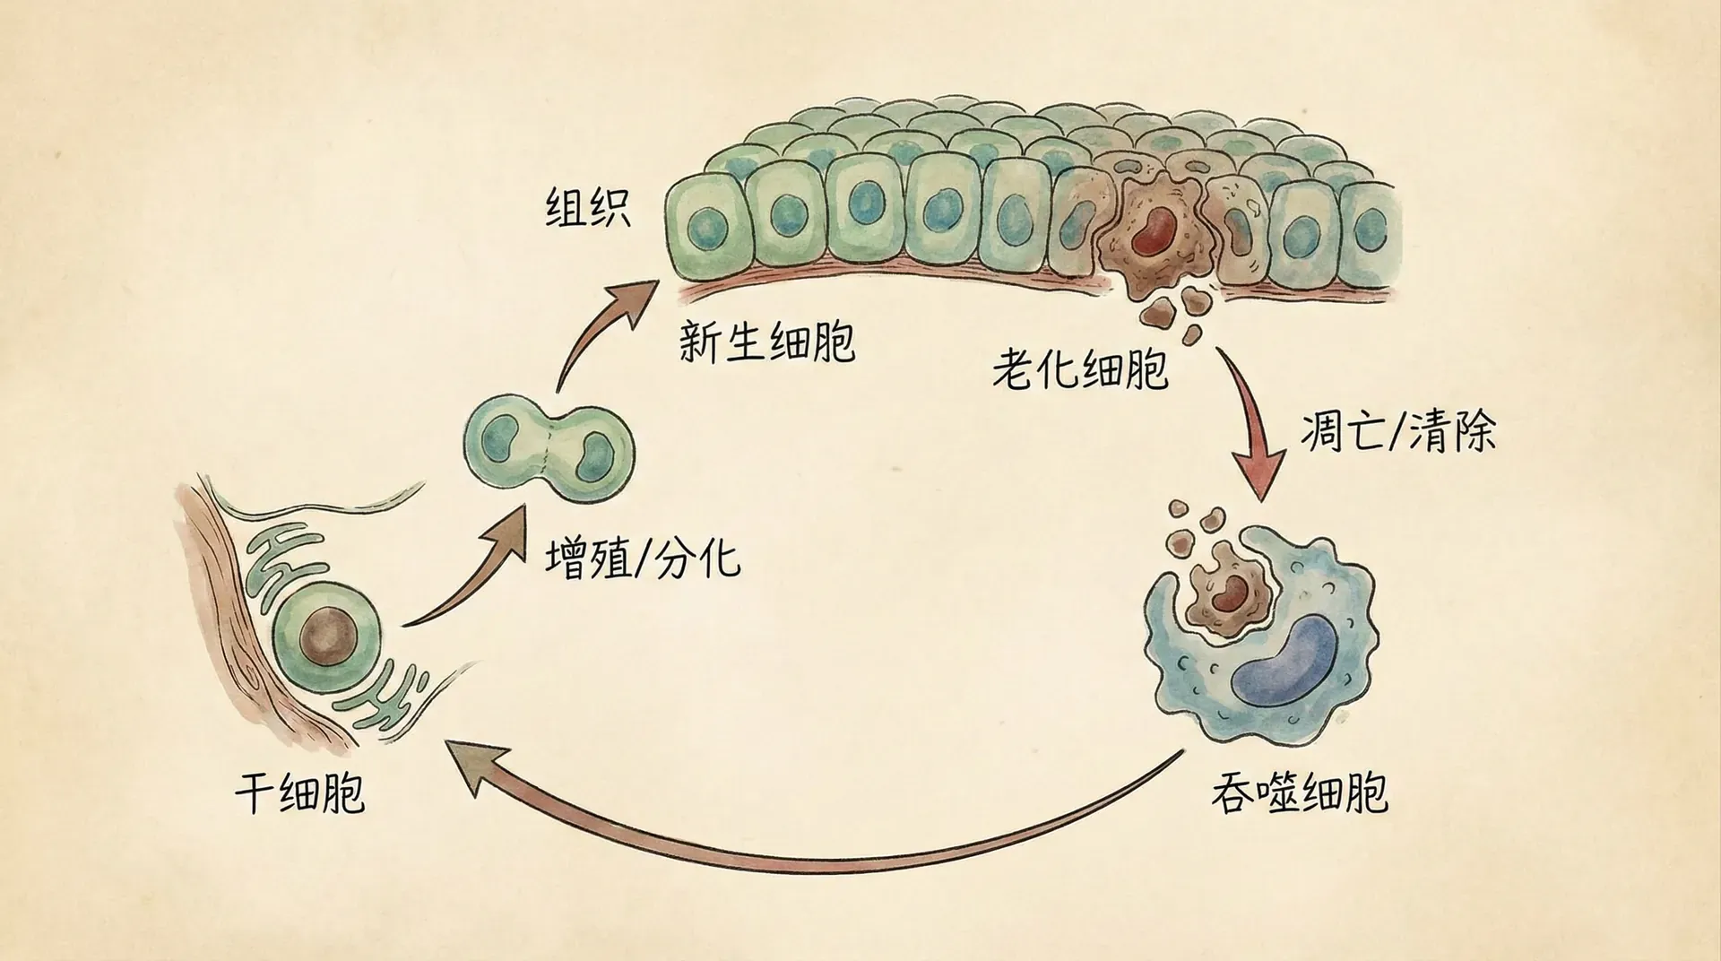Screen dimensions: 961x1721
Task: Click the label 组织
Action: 588,208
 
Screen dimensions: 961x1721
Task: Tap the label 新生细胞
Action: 766,341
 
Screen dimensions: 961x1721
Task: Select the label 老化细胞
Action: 1080,368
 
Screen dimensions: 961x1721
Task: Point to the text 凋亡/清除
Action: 1398,434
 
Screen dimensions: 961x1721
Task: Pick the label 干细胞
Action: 299,794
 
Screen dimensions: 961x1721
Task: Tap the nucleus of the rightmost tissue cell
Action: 1370,229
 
